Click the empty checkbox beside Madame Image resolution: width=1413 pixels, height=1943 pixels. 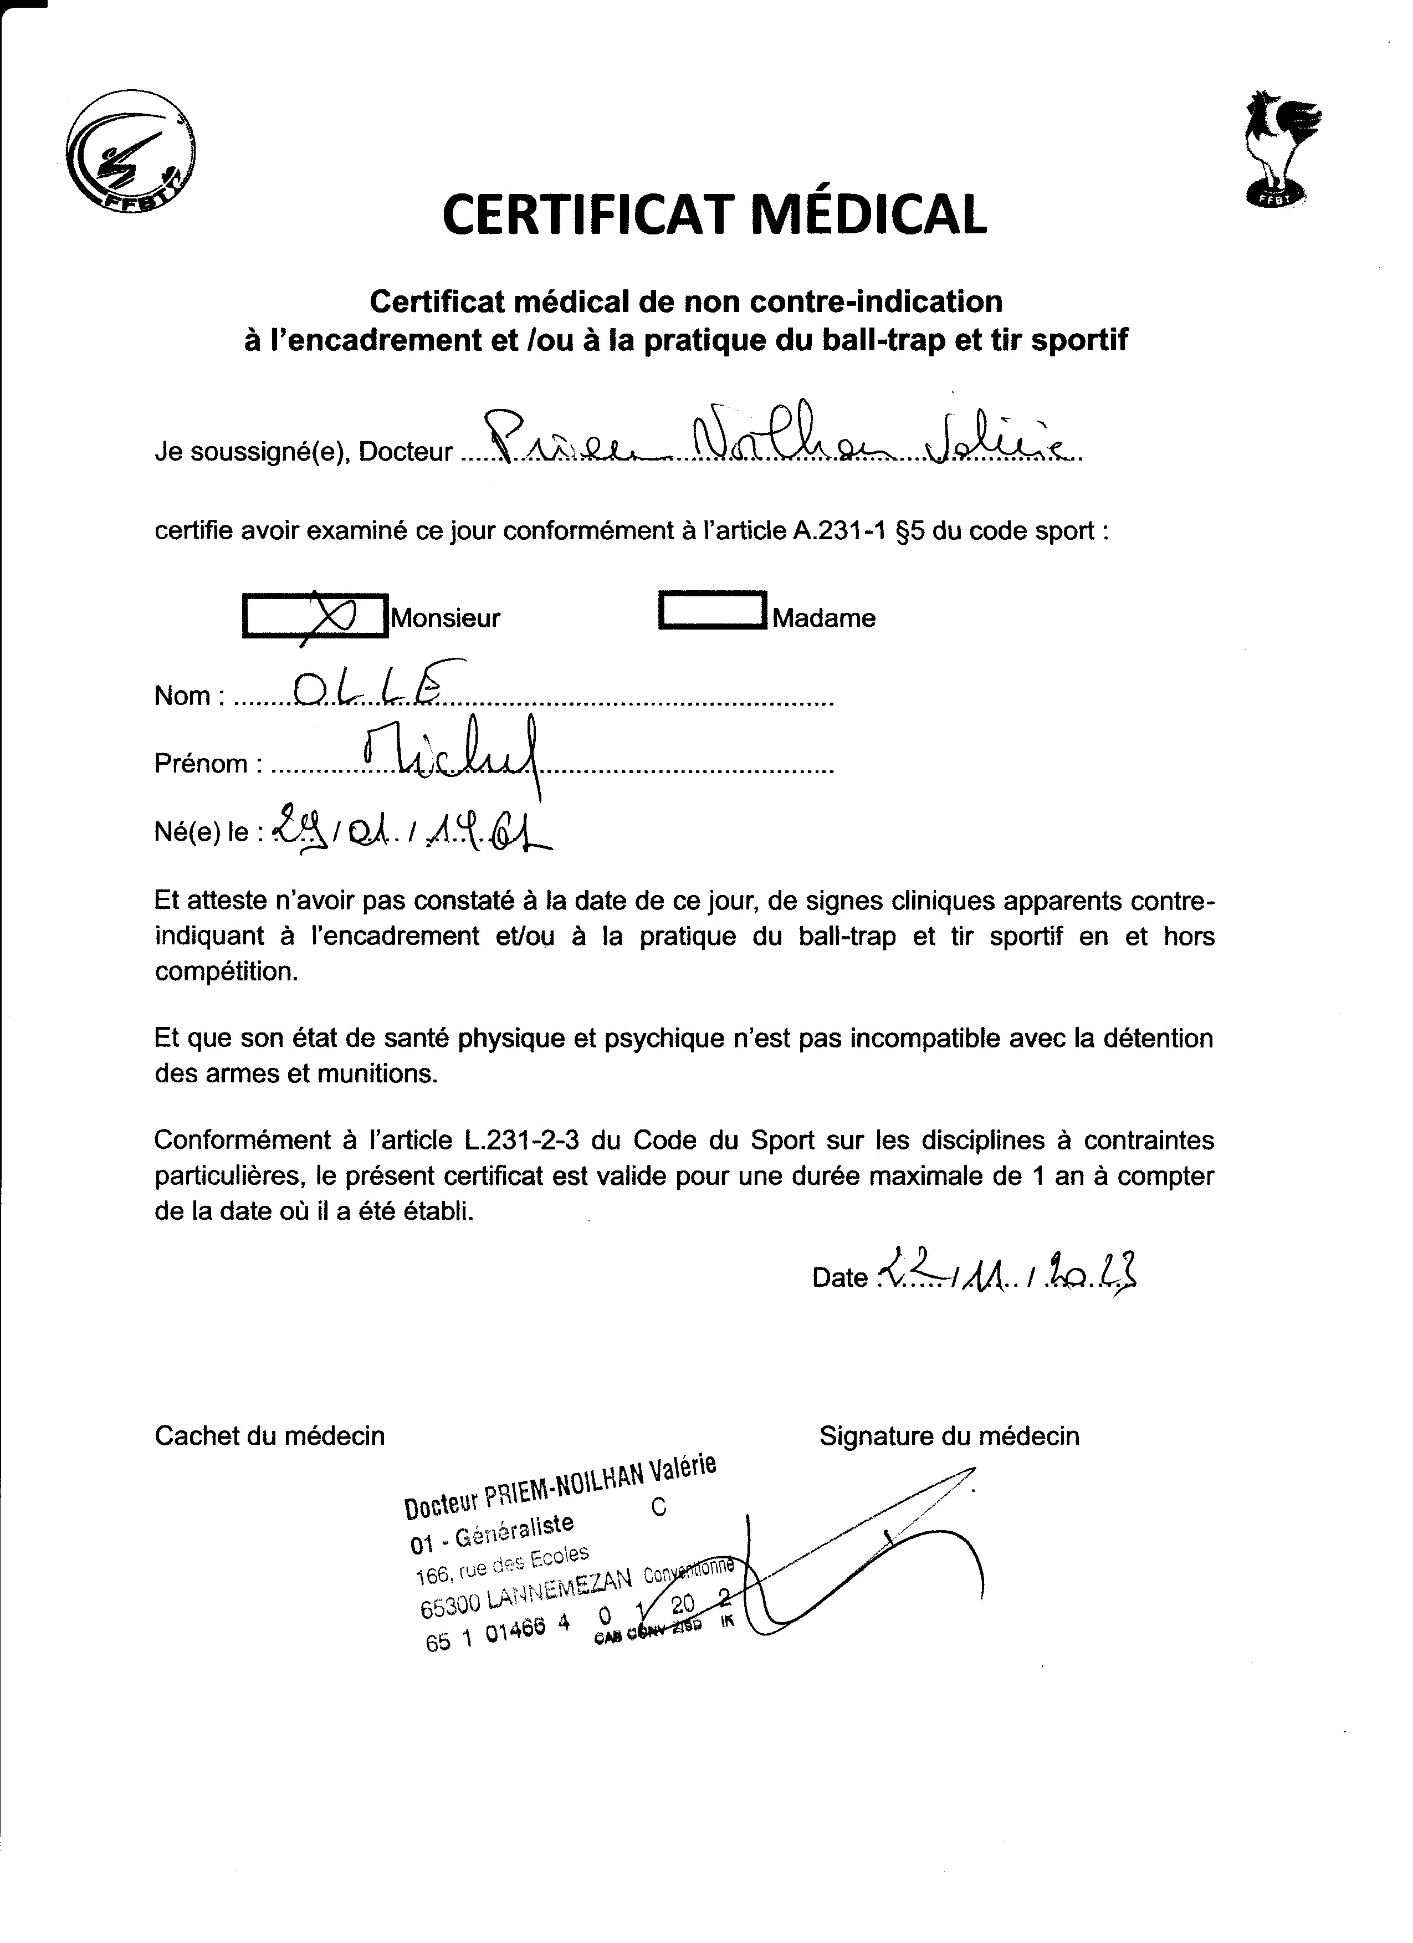coord(713,611)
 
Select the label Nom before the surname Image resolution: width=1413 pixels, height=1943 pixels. coord(182,696)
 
